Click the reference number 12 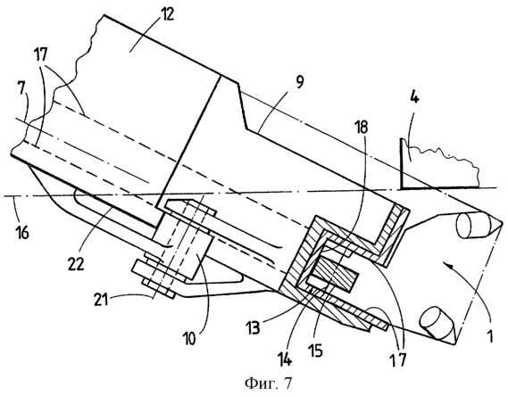tap(166, 14)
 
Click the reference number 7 tap(22, 88)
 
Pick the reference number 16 tap(21, 232)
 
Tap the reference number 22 tap(76, 263)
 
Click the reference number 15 tap(315, 350)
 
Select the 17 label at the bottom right tap(397, 360)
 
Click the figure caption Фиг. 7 tap(268, 384)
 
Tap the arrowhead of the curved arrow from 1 tap(447, 266)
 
